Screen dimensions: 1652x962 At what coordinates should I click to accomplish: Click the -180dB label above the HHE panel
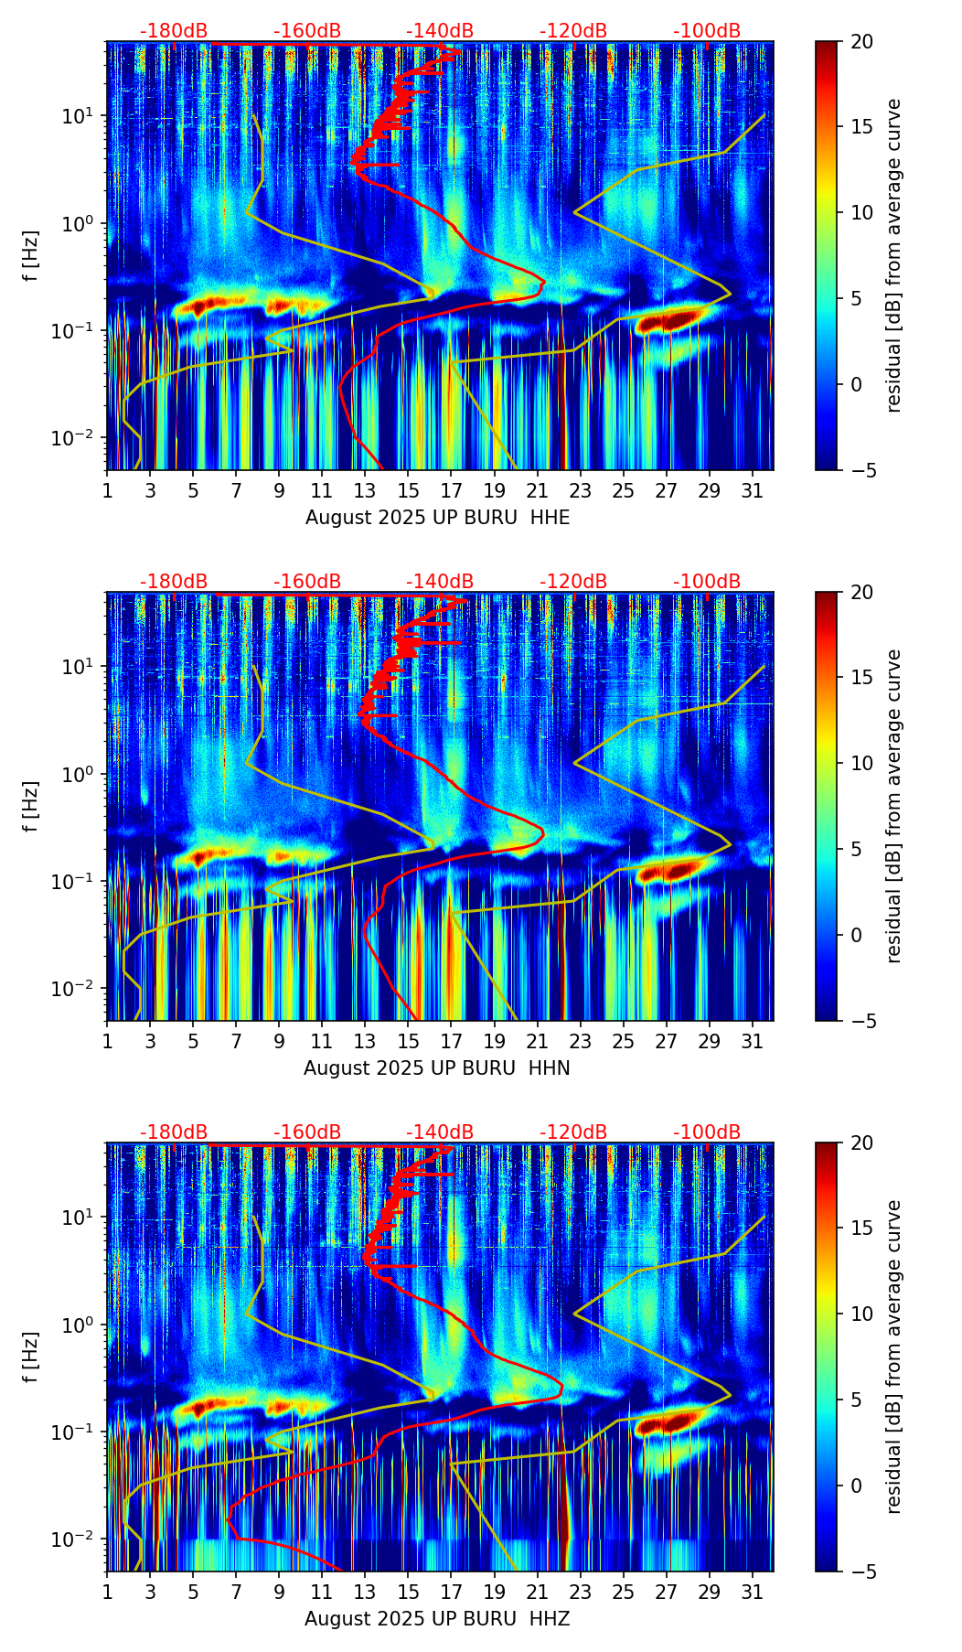174,31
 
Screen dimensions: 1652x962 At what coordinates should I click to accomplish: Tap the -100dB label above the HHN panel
707,582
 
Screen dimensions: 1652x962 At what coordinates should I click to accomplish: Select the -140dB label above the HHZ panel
440,1132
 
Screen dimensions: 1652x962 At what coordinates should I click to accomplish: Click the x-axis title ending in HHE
437,518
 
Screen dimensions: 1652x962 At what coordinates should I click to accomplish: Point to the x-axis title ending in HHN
437,1068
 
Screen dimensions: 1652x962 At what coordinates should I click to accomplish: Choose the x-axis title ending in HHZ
437,1619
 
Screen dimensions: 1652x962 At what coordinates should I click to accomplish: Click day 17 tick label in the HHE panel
452,490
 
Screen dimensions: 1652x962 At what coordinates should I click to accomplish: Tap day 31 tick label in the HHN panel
753,1041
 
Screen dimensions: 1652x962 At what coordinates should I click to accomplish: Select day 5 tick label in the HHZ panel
193,1592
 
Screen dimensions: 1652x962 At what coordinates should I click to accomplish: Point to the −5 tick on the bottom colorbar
861,1572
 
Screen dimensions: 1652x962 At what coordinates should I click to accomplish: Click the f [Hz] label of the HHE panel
31,256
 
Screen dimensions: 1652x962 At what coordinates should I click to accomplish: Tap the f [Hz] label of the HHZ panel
31,1357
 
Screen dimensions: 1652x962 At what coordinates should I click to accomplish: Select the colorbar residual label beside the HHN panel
894,806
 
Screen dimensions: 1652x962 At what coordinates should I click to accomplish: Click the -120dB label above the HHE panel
573,31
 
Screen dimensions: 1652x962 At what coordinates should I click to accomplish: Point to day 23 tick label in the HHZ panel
581,1592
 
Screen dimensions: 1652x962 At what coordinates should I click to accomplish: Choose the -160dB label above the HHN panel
307,582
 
